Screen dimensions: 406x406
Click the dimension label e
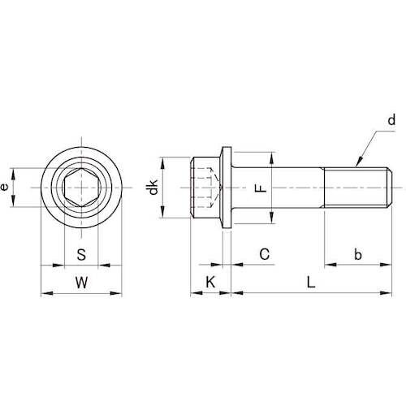(x=4, y=187)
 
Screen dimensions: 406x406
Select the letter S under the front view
(x=81, y=254)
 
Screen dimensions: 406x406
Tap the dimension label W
(x=81, y=283)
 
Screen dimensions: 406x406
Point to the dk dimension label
(x=153, y=187)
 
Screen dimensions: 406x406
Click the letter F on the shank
(x=261, y=188)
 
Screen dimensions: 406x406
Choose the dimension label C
(x=264, y=254)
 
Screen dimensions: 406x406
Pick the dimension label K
(x=210, y=283)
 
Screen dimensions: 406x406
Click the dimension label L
(x=311, y=283)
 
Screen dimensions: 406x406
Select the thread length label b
(x=358, y=255)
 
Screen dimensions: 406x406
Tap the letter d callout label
(x=391, y=120)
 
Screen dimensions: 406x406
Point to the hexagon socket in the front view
(x=81, y=188)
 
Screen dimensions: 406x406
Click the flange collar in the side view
(x=227, y=188)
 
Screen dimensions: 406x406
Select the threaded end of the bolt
(x=358, y=188)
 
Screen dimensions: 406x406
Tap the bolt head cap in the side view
(x=205, y=188)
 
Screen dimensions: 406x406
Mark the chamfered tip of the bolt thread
(x=391, y=188)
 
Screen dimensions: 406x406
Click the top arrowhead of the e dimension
(x=13, y=174)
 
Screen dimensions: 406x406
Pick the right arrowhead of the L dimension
(x=386, y=292)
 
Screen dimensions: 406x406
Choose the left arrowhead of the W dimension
(x=46, y=293)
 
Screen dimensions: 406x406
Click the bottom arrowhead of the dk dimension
(x=162, y=212)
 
